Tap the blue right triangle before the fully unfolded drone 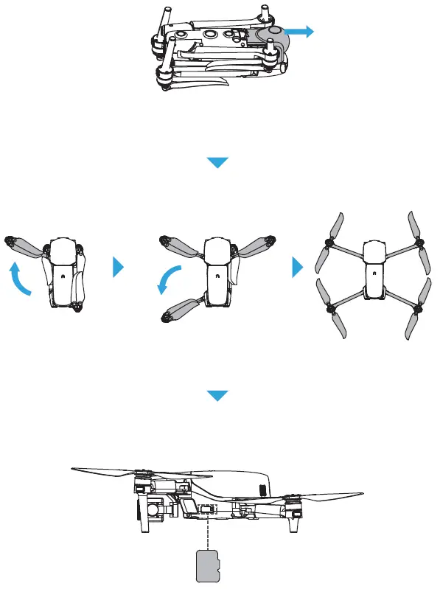coord(298,268)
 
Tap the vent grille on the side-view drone coord(262,489)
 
